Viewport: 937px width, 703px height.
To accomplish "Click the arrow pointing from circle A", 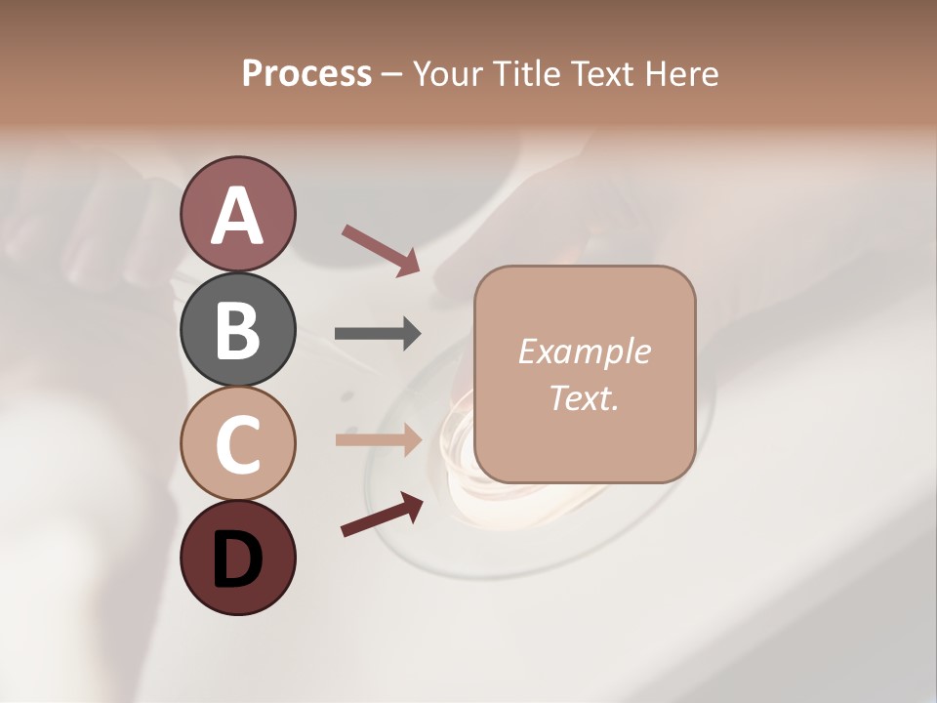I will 381,248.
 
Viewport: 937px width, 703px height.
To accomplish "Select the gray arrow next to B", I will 378,334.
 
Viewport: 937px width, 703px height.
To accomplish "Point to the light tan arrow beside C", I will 378,439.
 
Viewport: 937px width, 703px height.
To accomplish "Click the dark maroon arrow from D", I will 382,515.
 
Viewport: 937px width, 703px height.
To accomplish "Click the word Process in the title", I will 306,73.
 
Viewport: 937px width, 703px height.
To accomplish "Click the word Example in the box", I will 584,351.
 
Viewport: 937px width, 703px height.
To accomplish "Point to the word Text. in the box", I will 584,397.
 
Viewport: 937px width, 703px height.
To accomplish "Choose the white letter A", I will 237,215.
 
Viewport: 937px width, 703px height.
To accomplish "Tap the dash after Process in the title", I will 392,75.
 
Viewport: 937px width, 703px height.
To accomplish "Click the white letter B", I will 237,330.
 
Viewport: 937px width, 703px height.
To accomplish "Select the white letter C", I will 237,444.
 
